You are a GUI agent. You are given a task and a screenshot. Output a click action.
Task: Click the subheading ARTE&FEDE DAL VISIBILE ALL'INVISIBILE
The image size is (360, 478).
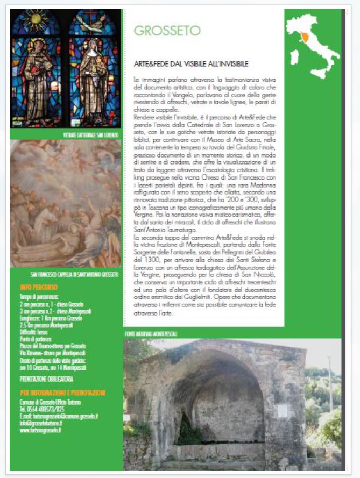coord(191,64)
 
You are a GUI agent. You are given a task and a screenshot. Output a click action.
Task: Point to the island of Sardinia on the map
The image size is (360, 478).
coord(294,55)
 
